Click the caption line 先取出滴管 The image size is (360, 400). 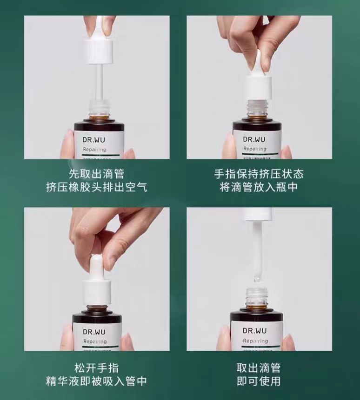pos(97,174)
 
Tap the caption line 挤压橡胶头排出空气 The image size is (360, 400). pos(97,187)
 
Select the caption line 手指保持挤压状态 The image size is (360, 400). pos(259,174)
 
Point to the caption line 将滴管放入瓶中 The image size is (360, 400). pos(259,187)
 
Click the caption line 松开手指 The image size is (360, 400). pos(97,368)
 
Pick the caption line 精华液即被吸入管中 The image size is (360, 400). pos(97,381)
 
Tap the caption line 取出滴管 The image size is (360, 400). pos(259,368)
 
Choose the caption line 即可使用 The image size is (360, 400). pos(259,381)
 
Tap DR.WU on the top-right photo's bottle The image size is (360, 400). pos(255,138)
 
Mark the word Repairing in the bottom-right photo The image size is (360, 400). pos(255,341)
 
